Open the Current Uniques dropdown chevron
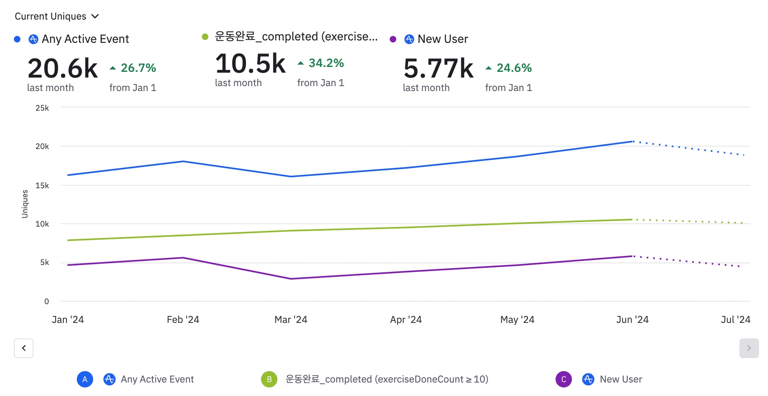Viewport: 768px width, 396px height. (95, 16)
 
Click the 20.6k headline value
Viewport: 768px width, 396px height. (63, 68)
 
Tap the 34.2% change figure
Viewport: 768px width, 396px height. (326, 63)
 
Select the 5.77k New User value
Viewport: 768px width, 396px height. (438, 68)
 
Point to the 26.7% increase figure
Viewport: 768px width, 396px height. (138, 68)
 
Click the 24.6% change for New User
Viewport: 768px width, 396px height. (514, 68)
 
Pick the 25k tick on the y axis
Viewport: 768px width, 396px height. (42, 108)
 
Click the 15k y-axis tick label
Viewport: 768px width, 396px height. (42, 185)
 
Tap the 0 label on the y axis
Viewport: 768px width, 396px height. (47, 301)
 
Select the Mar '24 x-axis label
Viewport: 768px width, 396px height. (290, 320)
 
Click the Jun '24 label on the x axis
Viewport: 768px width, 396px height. (632, 320)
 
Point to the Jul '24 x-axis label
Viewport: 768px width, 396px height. (735, 320)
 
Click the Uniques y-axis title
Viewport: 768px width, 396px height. (25, 204)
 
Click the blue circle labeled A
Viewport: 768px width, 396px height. (85, 379)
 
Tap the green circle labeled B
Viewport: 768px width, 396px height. (269, 379)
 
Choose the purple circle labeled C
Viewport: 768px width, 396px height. (563, 379)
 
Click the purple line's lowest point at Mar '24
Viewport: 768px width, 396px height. (291, 279)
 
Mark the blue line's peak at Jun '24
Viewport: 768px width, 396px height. (632, 142)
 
